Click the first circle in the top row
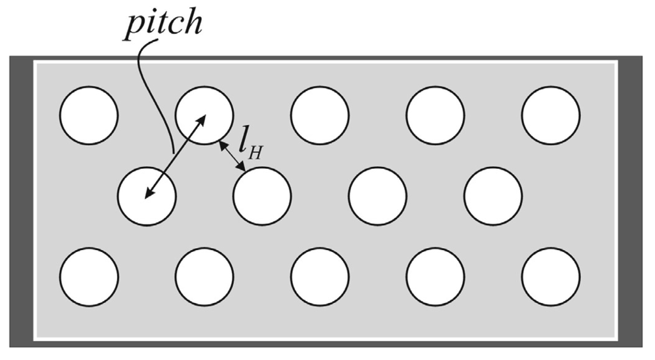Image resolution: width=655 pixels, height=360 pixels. (x=89, y=115)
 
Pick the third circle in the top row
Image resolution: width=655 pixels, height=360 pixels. (x=320, y=115)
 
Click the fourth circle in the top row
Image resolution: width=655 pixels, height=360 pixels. (x=435, y=115)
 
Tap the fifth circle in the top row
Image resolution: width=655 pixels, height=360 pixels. (x=550, y=115)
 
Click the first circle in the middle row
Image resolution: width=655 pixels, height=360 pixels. (x=147, y=196)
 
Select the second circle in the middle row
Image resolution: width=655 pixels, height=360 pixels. (x=262, y=196)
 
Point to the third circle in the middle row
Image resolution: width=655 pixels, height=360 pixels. (x=377, y=196)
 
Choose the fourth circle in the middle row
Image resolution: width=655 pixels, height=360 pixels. (x=493, y=196)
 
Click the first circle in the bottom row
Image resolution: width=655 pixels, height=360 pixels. (x=89, y=276)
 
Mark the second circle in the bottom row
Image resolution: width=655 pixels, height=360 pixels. (x=204, y=276)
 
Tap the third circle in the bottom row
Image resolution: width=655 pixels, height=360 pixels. (x=320, y=276)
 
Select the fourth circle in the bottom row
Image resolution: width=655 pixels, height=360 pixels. (x=435, y=276)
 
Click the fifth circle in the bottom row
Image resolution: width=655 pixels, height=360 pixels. (x=550, y=276)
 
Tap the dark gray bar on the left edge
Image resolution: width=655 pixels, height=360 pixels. (x=21, y=200)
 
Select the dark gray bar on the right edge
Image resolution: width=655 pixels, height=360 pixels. (x=630, y=200)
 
